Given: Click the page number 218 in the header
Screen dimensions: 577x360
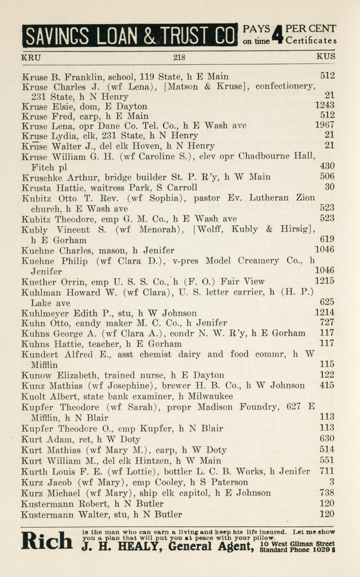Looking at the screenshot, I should [179, 57].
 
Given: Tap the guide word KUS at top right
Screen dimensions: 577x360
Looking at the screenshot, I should [326, 56].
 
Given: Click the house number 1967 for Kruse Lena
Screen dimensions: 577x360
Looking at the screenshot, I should [325, 125].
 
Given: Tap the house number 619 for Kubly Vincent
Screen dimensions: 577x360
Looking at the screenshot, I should [327, 239].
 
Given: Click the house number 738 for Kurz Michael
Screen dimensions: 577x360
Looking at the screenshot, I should [327, 493].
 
